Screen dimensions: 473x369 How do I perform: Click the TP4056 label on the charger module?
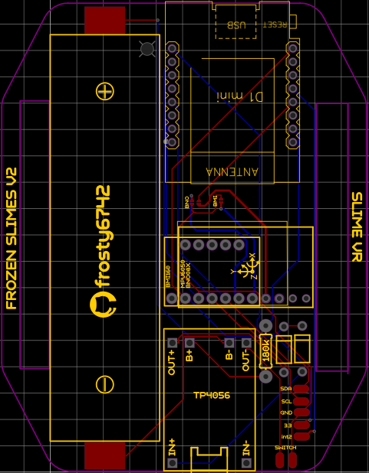(x=213, y=396)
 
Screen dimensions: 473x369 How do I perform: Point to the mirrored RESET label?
(x=276, y=24)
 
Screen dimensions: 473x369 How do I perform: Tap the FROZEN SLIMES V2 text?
(x=12, y=238)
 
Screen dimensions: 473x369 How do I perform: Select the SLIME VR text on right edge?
(x=356, y=227)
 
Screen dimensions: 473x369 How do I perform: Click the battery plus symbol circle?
(x=105, y=91)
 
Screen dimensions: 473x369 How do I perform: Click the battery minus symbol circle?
(x=105, y=384)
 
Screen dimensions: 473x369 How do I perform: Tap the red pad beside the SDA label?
(x=301, y=389)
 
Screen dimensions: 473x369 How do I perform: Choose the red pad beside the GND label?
(x=301, y=413)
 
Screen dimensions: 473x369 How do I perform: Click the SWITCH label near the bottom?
(x=285, y=448)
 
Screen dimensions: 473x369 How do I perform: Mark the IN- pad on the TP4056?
(x=247, y=463)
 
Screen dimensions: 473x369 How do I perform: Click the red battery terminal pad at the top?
(x=104, y=20)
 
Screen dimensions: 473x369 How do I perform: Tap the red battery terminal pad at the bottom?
(x=104, y=455)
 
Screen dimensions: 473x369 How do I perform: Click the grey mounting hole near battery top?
(x=147, y=49)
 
